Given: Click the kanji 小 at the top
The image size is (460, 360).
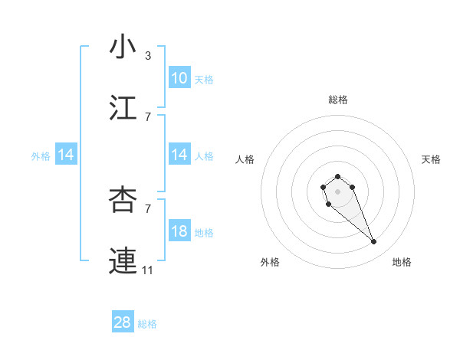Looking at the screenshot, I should pyautogui.click(x=123, y=47).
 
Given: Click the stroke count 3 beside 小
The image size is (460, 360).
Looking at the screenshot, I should pyautogui.click(x=147, y=56).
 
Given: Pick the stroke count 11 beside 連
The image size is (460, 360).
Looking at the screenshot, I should pyautogui.click(x=148, y=270).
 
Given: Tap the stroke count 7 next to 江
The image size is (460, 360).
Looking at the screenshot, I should pyautogui.click(x=147, y=117).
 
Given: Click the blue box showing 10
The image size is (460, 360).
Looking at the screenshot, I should pyautogui.click(x=179, y=78).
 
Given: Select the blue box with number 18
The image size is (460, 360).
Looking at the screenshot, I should pyautogui.click(x=179, y=231).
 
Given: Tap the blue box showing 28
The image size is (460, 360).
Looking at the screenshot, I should pyautogui.click(x=123, y=322).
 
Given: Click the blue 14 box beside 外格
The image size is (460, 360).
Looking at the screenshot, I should pyautogui.click(x=66, y=155).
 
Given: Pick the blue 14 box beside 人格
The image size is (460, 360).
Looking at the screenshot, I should pyautogui.click(x=179, y=155).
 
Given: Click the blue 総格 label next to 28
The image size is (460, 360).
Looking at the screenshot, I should pyautogui.click(x=147, y=324).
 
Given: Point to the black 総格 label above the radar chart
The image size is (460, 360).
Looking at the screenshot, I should pyautogui.click(x=338, y=100).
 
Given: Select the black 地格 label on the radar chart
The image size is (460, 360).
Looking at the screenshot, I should pyautogui.click(x=402, y=262).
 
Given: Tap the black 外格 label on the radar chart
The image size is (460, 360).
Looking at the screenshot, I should pyautogui.click(x=270, y=262).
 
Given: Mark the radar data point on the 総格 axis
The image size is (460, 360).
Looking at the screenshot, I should pyautogui.click(x=337, y=177).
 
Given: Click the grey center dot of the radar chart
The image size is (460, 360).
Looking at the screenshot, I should pyautogui.click(x=337, y=191).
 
